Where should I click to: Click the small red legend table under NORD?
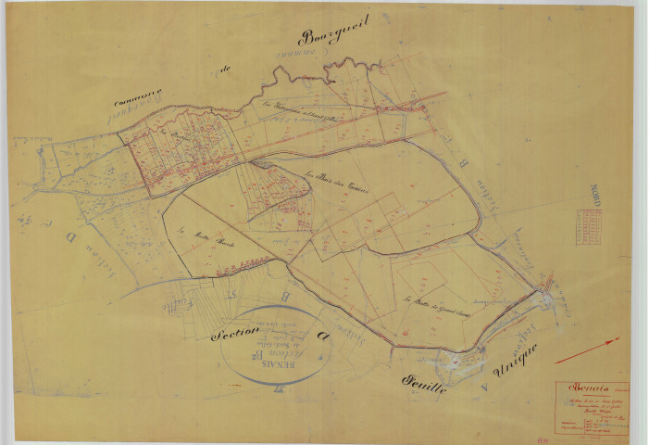coord(588,228)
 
